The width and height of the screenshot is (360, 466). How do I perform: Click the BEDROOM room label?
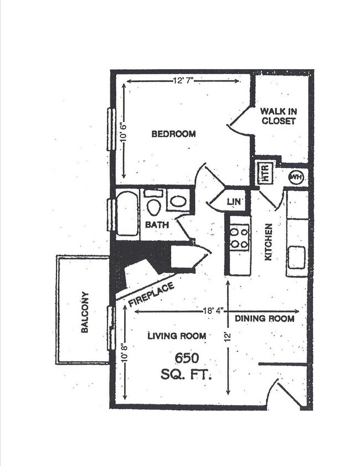[x=173, y=134]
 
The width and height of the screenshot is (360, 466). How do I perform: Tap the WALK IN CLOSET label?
[x=279, y=116]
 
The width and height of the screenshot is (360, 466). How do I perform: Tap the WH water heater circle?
[x=296, y=177]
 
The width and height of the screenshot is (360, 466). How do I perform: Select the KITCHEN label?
[x=268, y=242]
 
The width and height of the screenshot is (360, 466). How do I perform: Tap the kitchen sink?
[x=296, y=257]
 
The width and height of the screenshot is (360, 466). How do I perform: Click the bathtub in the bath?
[x=127, y=213]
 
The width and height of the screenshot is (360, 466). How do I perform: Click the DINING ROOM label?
[x=264, y=319]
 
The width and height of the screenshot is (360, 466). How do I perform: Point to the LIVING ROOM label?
[x=177, y=335]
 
